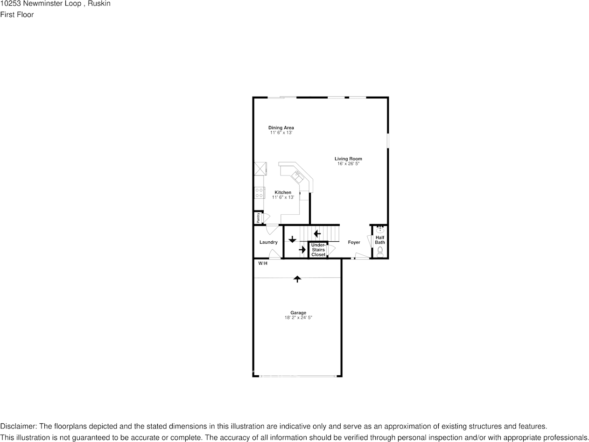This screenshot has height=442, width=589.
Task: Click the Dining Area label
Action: [x=281, y=128]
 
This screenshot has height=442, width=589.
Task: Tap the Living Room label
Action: [x=348, y=159]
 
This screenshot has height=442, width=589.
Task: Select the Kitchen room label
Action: [x=283, y=192]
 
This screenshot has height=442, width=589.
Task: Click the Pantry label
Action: [x=258, y=217]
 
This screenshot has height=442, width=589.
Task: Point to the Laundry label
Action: [x=268, y=242]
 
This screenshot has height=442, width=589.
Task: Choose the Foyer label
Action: [x=354, y=242]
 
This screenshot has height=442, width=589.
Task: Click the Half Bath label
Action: [x=380, y=240]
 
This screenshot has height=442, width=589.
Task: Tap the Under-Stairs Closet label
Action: [x=318, y=250]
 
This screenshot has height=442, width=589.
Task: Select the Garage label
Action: [x=298, y=313]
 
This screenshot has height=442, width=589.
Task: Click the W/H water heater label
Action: [x=263, y=264]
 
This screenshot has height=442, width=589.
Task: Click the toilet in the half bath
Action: [x=380, y=252]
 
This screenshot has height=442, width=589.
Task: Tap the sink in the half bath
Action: [x=380, y=229]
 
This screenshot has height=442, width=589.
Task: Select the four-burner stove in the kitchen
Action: [x=259, y=192]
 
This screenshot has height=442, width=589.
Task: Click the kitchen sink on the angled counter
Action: [x=297, y=176]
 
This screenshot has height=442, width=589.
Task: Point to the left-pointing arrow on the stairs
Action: [x=317, y=233]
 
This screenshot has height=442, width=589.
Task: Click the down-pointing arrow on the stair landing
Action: [x=292, y=239]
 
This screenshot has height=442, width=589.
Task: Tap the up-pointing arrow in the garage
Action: [x=297, y=279]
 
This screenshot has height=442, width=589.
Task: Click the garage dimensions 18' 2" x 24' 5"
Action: [x=298, y=318]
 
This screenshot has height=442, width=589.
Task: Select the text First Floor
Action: [x=17, y=14]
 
